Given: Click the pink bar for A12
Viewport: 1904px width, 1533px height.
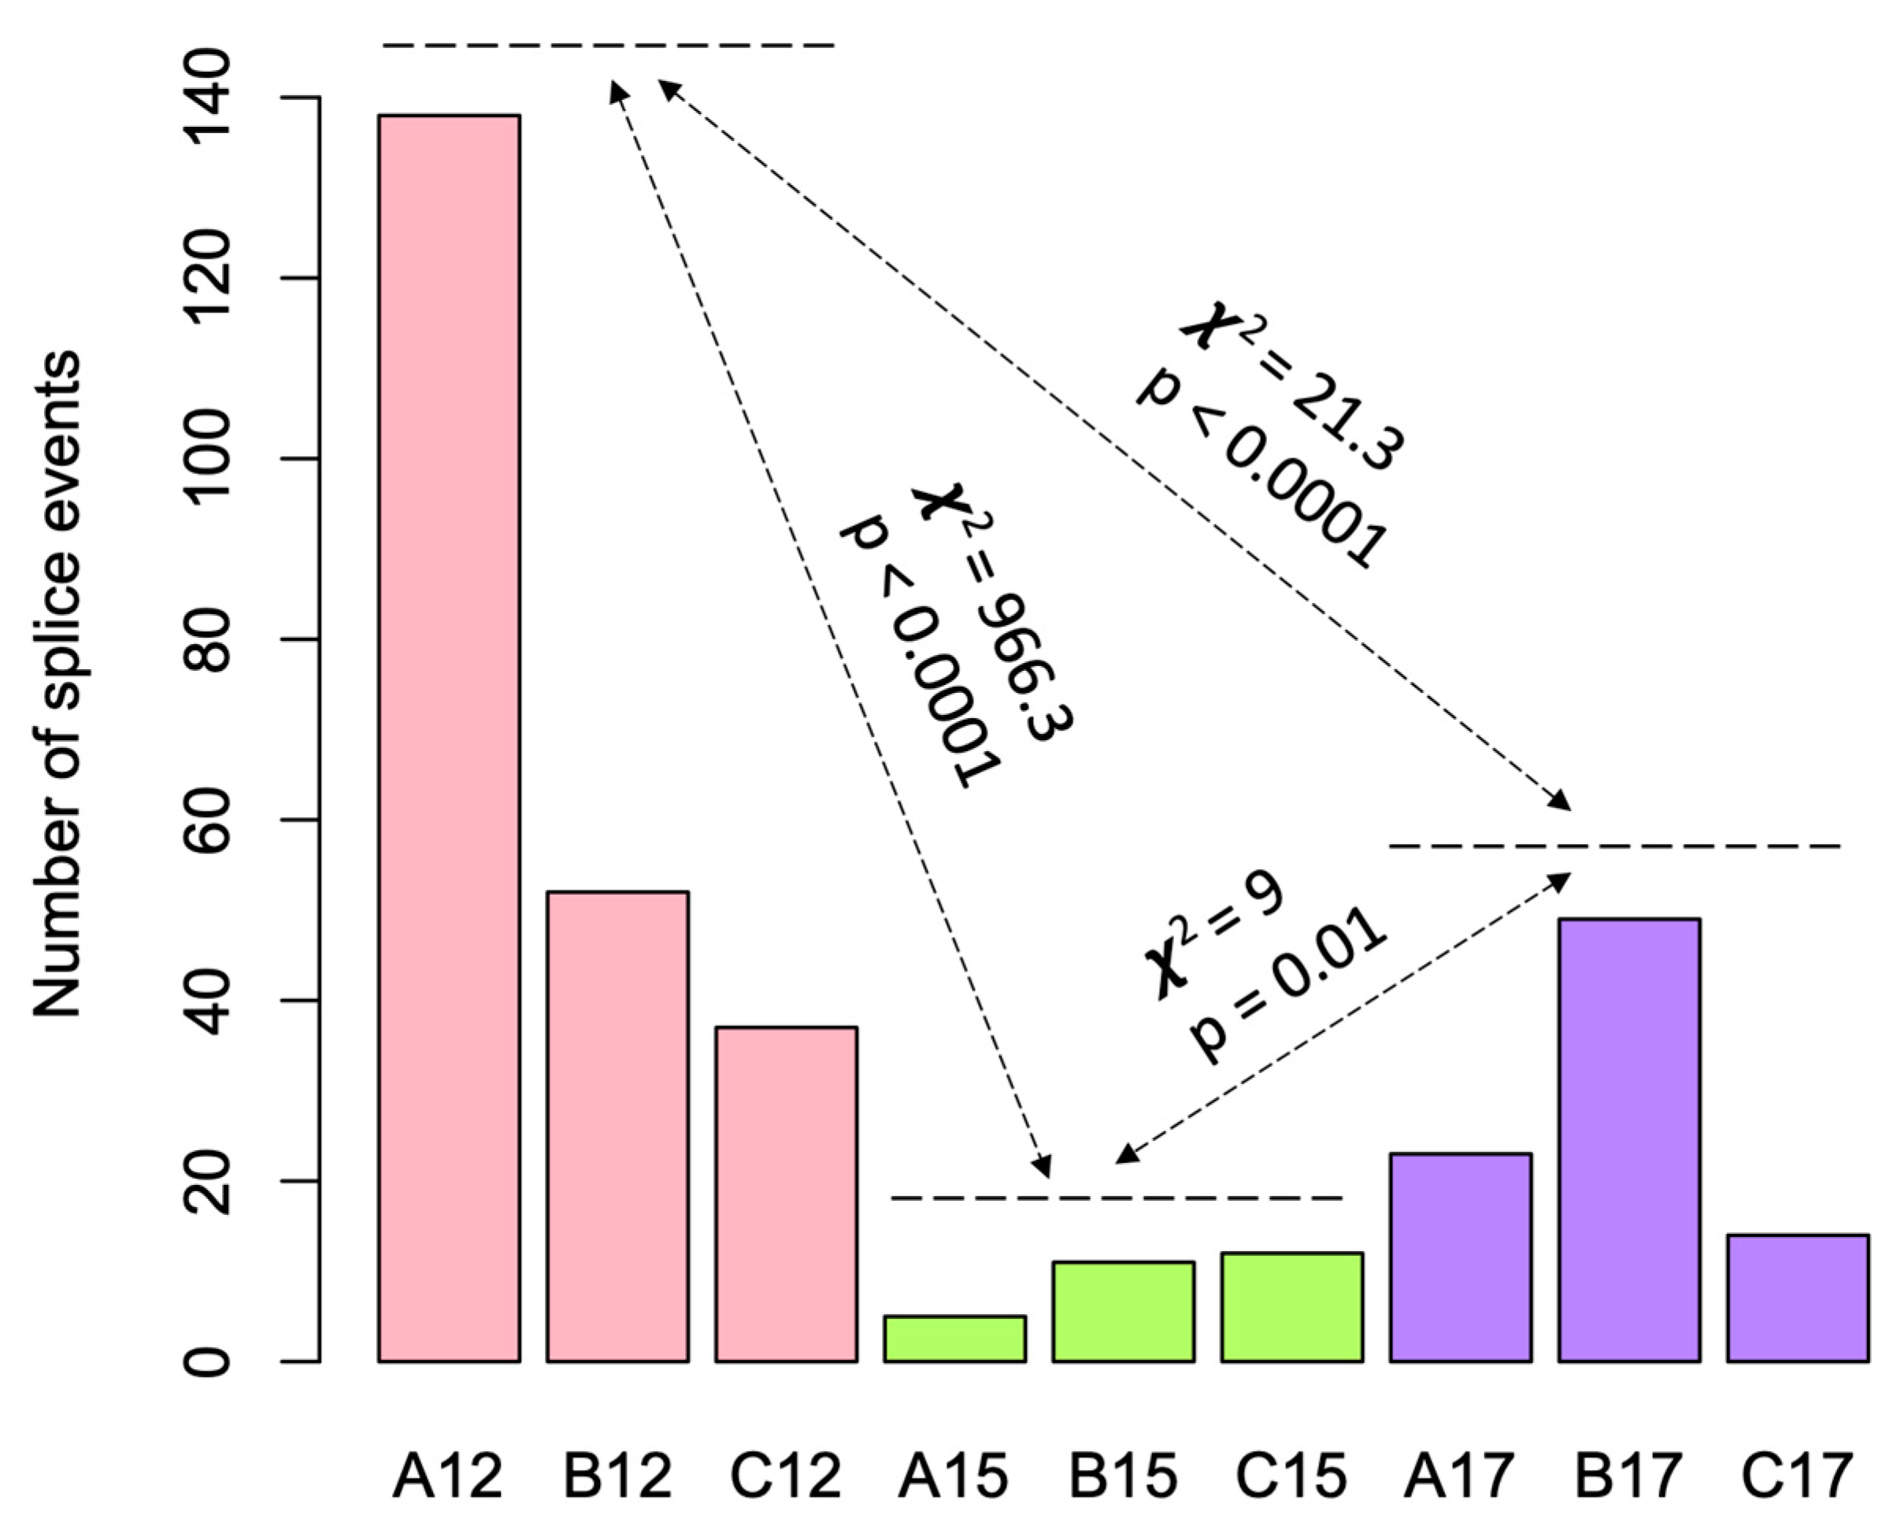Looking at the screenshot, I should [449, 737].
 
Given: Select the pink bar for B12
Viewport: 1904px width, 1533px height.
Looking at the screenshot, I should [617, 1126].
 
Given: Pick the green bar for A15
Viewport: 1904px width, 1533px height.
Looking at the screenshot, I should [954, 1339].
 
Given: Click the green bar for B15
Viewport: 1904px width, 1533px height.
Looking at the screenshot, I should [1124, 1311].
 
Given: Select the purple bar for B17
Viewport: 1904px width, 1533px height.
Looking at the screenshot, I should [1629, 1140].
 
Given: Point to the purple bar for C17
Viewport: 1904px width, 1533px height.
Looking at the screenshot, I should [1798, 1298].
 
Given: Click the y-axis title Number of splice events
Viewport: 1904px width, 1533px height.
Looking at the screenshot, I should [57, 684].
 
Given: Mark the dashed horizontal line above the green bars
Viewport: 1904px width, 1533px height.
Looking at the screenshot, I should [1117, 1198].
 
